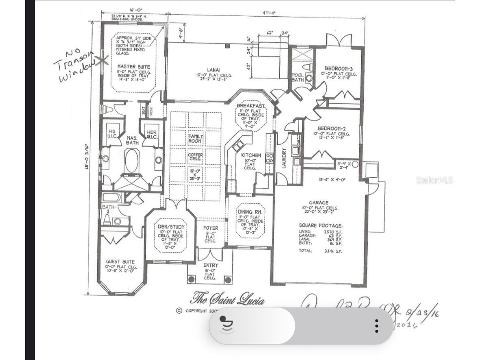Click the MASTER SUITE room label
pos(133,66)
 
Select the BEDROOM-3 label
pos(338,68)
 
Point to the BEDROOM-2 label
pos(331,128)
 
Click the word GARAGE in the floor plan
pos(319,203)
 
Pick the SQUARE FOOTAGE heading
pos(321,225)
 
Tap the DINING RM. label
pos(251,212)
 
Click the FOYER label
pos(210,228)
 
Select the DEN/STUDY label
pos(171,227)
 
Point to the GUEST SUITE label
pos(120,262)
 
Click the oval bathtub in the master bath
pos(132,161)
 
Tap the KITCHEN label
pos(251,155)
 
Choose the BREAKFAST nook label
pos(251,106)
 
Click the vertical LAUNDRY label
pos(284,158)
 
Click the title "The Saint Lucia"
pos(228,299)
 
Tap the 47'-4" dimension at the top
pos(269,13)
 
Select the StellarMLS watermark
pos(434,180)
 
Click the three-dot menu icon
pos(377,325)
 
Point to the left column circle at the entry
pos(192,279)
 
